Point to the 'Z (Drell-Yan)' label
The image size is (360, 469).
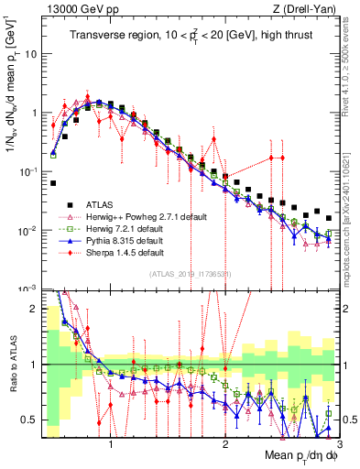pos(307,8)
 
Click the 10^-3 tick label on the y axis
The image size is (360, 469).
pos(28,288)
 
